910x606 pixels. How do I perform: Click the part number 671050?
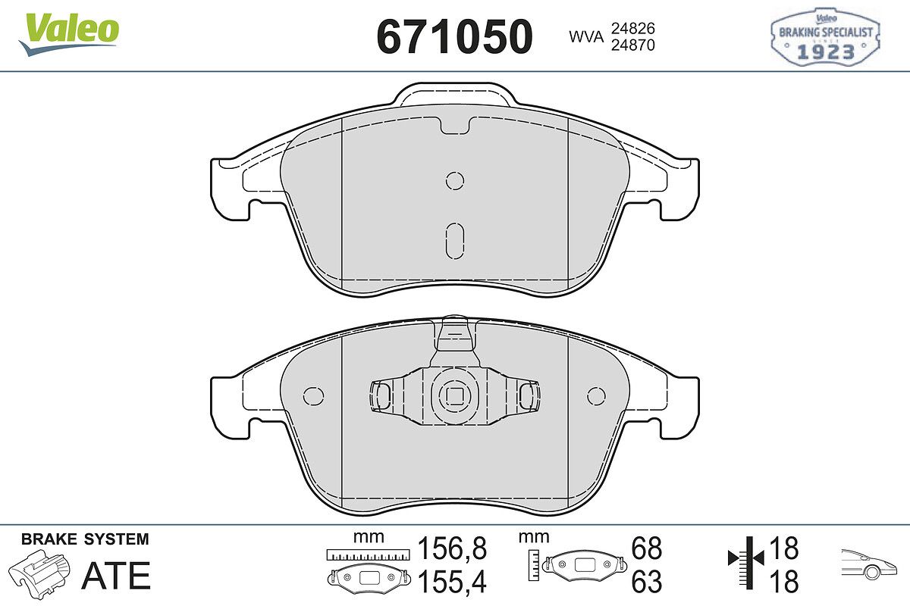point(454,37)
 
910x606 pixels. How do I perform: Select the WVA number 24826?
point(633,29)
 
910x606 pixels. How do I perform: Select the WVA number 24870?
point(633,45)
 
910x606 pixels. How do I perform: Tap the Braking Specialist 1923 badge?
point(825,37)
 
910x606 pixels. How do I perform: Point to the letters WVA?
point(586,37)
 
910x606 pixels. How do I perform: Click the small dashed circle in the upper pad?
point(454,180)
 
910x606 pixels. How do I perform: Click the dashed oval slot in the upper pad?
point(454,241)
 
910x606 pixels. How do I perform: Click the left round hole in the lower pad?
point(314,395)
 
